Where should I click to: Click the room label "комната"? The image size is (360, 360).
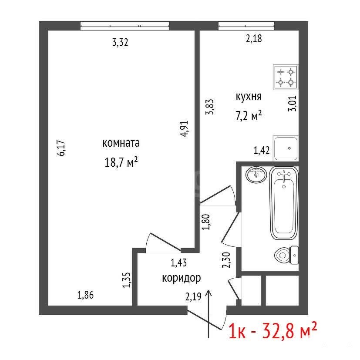point(121,143)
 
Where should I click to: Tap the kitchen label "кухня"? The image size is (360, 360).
point(249,97)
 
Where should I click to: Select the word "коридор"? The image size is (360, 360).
point(182,278)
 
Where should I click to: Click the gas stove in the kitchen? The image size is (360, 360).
point(286,77)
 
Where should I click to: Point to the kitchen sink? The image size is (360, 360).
point(286,148)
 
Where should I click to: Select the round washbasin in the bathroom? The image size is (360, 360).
point(256,175)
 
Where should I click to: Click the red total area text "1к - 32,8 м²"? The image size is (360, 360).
point(273,330)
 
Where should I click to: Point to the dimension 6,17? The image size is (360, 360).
point(62,148)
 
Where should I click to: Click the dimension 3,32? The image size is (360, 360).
point(120,43)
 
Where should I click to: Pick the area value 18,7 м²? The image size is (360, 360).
point(121,162)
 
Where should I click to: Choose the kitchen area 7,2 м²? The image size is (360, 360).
point(249,115)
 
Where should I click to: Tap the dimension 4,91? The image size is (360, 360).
point(185,129)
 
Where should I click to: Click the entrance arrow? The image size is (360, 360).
point(209,313)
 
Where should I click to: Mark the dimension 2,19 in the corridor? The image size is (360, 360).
point(193,297)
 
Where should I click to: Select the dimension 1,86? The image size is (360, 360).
point(86,295)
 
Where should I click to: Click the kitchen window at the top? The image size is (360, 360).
point(246,26)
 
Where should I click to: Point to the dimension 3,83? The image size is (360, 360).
point(210,107)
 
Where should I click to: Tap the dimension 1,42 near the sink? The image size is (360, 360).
point(262,150)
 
